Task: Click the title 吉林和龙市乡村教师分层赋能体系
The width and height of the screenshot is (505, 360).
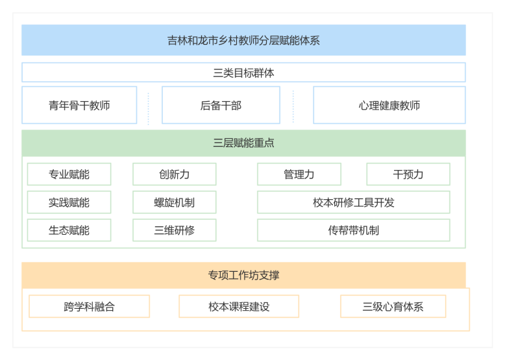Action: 243,40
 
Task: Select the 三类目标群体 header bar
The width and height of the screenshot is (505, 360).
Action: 243,73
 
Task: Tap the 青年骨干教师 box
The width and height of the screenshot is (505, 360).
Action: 79,105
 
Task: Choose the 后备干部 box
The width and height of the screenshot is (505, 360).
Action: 221,105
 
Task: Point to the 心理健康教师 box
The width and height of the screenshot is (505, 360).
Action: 389,105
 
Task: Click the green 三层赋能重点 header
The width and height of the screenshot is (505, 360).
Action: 243,143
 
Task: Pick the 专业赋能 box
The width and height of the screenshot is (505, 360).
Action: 69,174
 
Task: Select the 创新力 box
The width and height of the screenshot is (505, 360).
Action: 174,174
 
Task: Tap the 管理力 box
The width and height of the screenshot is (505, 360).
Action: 299,174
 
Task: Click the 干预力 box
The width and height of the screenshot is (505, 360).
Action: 408,174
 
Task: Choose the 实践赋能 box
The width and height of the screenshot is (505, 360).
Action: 69,202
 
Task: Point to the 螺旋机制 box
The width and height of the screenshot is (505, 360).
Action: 174,202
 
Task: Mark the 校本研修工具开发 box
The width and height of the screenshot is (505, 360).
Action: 353,202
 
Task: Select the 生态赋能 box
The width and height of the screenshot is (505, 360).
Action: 69,230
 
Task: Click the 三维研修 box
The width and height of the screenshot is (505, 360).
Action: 174,230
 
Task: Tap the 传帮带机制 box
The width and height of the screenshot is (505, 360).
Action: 353,230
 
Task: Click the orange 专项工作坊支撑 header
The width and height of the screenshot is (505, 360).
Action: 243,275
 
